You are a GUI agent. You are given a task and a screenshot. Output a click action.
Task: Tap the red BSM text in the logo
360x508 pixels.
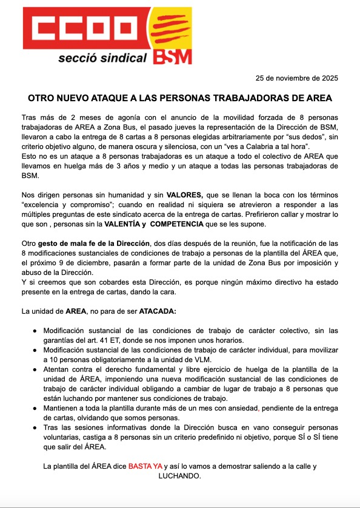[172, 56]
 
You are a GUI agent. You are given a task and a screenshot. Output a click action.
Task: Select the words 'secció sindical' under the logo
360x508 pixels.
[102, 59]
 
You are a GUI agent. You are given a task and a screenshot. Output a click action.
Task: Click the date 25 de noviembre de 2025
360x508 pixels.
[298, 79]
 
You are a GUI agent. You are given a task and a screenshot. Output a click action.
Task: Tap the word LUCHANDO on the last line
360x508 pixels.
[179, 476]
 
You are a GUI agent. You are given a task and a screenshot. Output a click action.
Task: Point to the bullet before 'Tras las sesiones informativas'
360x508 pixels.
[36, 428]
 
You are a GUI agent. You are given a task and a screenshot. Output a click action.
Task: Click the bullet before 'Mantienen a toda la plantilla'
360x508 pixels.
[36, 409]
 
